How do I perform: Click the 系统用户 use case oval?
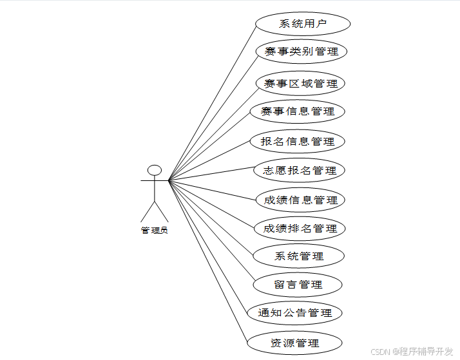click(303, 24)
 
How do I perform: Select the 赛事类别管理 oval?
click(301, 52)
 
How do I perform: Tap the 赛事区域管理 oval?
click(301, 84)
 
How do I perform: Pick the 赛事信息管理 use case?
click(298, 111)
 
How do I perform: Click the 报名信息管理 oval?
click(298, 141)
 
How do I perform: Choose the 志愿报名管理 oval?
click(300, 171)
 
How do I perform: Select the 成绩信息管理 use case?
click(301, 200)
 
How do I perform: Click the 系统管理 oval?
click(300, 256)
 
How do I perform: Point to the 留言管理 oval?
click(298, 284)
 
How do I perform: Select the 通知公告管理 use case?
click(295, 313)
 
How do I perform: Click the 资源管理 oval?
click(295, 342)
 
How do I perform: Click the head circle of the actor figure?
click(155, 170)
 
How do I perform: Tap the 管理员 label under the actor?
click(155, 230)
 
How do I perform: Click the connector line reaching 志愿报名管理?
click(213, 175)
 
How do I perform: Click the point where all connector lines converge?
click(169, 180)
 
